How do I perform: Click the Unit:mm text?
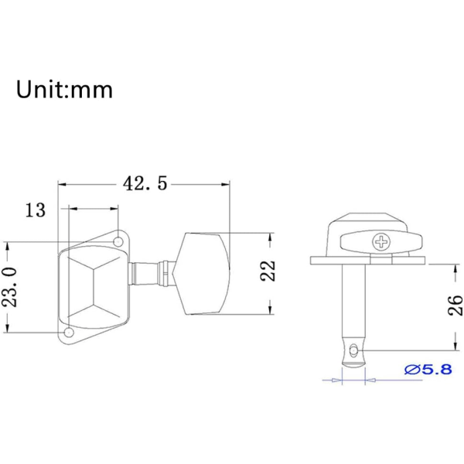64,89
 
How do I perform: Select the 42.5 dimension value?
145,183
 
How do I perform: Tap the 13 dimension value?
36,210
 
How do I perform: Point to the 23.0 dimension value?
10,287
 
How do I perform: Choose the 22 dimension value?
268,271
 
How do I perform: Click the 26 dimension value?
455,305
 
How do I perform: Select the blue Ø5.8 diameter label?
428,370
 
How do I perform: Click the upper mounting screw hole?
118,241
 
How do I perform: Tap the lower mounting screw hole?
70,333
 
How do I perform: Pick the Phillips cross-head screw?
381,242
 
